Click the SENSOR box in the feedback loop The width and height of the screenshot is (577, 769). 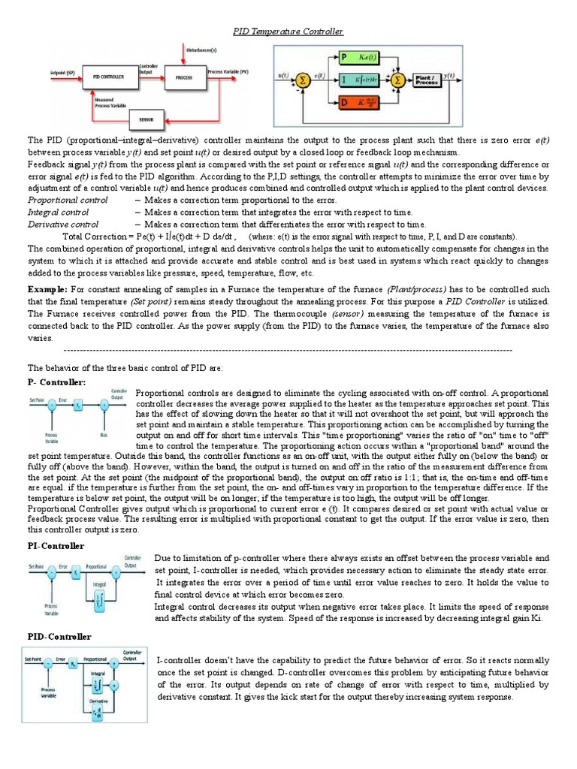pyautogui.click(x=142, y=118)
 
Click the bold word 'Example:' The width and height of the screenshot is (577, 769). pyautogui.click(x=47, y=289)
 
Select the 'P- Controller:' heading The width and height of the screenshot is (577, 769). pyautogui.click(x=57, y=382)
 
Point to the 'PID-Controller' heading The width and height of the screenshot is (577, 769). pyautogui.click(x=59, y=637)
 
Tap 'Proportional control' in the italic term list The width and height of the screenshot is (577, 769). pyautogui.click(x=68, y=200)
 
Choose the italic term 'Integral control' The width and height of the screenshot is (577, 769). pyautogui.click(x=58, y=212)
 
